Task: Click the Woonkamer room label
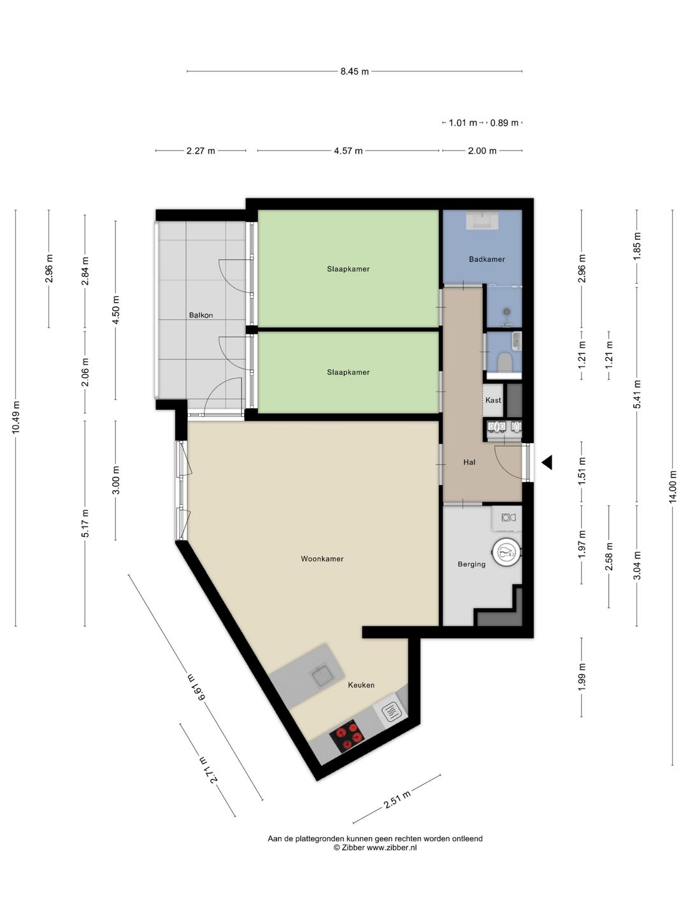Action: pos(322,558)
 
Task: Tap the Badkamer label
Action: pos(487,259)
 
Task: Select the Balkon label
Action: pos(201,315)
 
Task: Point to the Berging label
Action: pos(471,564)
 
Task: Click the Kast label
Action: pos(493,400)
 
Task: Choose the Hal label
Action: pos(469,462)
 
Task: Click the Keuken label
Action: pos(361,685)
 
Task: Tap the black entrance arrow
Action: pos(547,462)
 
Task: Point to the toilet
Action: pos(505,361)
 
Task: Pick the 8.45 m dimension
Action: pos(354,71)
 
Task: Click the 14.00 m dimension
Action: pos(673,486)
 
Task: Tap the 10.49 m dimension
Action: pos(16,418)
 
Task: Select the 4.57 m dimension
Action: pos(348,150)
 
